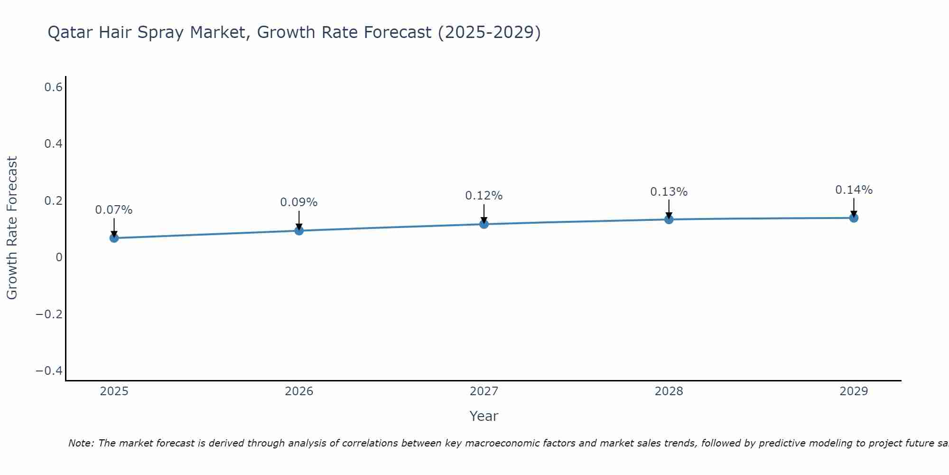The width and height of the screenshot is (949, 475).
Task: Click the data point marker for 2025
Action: coord(114,237)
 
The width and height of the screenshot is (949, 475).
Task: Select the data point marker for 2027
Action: coord(484,224)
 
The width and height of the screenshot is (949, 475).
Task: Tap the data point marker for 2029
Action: coord(854,218)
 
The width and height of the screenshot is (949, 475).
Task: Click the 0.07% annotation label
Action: coord(114,210)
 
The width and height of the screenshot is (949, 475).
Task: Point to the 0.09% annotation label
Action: coord(298,202)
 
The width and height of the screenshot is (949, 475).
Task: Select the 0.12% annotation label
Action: coord(484,196)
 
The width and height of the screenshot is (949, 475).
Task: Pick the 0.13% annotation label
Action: coord(669,192)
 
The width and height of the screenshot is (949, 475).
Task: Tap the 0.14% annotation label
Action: coord(854,190)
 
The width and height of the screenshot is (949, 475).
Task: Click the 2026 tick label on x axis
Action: coord(299,391)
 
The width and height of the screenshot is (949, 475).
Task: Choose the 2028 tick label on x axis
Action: coord(669,391)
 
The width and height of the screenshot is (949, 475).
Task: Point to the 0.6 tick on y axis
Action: coord(54,87)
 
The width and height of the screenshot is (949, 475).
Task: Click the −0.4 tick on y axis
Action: coord(49,370)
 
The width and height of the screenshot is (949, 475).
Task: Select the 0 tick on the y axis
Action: coord(59,257)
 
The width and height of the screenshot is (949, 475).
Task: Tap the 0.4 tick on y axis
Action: coord(54,144)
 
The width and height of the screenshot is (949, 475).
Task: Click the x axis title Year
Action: coord(484,416)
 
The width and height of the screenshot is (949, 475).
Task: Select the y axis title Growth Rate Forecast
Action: coord(12,228)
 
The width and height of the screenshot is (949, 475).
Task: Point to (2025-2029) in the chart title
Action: coord(489,33)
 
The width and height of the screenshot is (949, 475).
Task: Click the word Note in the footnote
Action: coord(81,443)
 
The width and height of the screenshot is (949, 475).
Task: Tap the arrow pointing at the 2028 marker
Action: coord(669,209)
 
